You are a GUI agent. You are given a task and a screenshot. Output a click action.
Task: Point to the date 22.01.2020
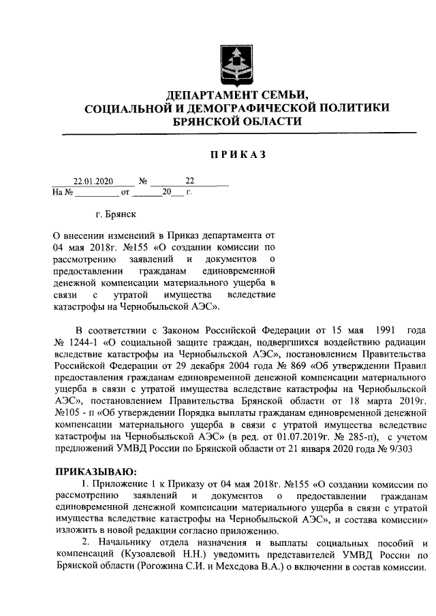pos(93,182)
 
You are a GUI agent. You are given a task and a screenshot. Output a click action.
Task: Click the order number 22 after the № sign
pos(189,182)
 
